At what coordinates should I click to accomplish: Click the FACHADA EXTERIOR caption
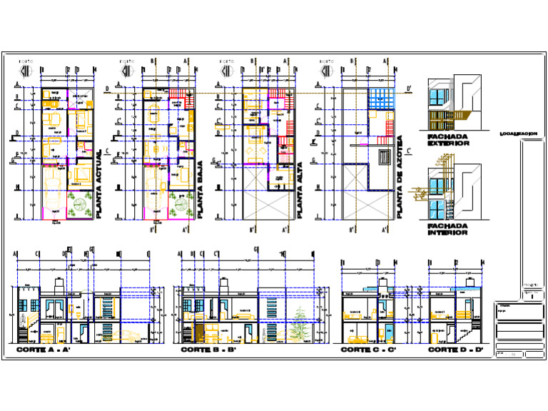[448, 140]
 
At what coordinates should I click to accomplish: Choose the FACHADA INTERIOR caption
[448, 229]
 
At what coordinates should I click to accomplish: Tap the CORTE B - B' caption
[208, 350]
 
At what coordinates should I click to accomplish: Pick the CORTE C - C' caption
[367, 350]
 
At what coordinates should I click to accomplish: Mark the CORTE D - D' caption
[455, 350]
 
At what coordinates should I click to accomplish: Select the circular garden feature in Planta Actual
[78, 211]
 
